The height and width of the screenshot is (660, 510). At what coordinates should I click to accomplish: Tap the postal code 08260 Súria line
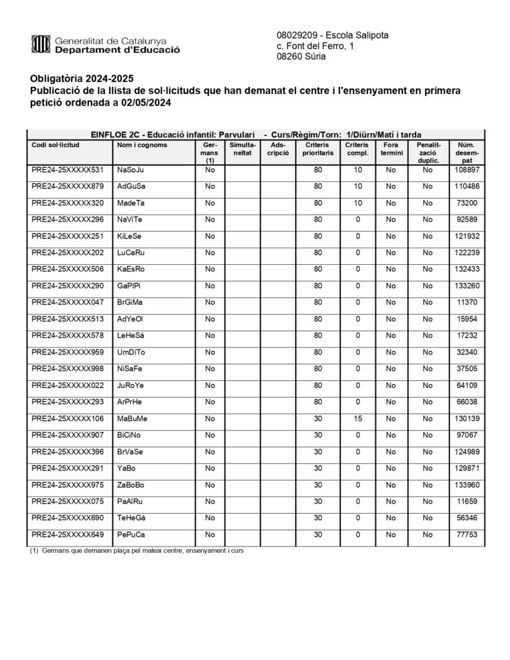(x=301, y=57)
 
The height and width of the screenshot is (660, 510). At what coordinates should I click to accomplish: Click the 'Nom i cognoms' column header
(x=142, y=145)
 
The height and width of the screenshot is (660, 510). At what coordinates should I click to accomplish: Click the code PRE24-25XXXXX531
(x=68, y=170)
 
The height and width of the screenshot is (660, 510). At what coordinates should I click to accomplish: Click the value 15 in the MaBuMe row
(x=357, y=419)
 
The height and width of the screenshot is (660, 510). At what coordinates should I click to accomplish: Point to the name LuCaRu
(x=132, y=253)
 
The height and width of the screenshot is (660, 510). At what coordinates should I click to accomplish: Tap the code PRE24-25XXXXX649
(x=68, y=535)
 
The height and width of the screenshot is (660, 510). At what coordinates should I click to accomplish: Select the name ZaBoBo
(x=131, y=485)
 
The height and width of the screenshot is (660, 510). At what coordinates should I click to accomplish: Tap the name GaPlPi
(x=129, y=286)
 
